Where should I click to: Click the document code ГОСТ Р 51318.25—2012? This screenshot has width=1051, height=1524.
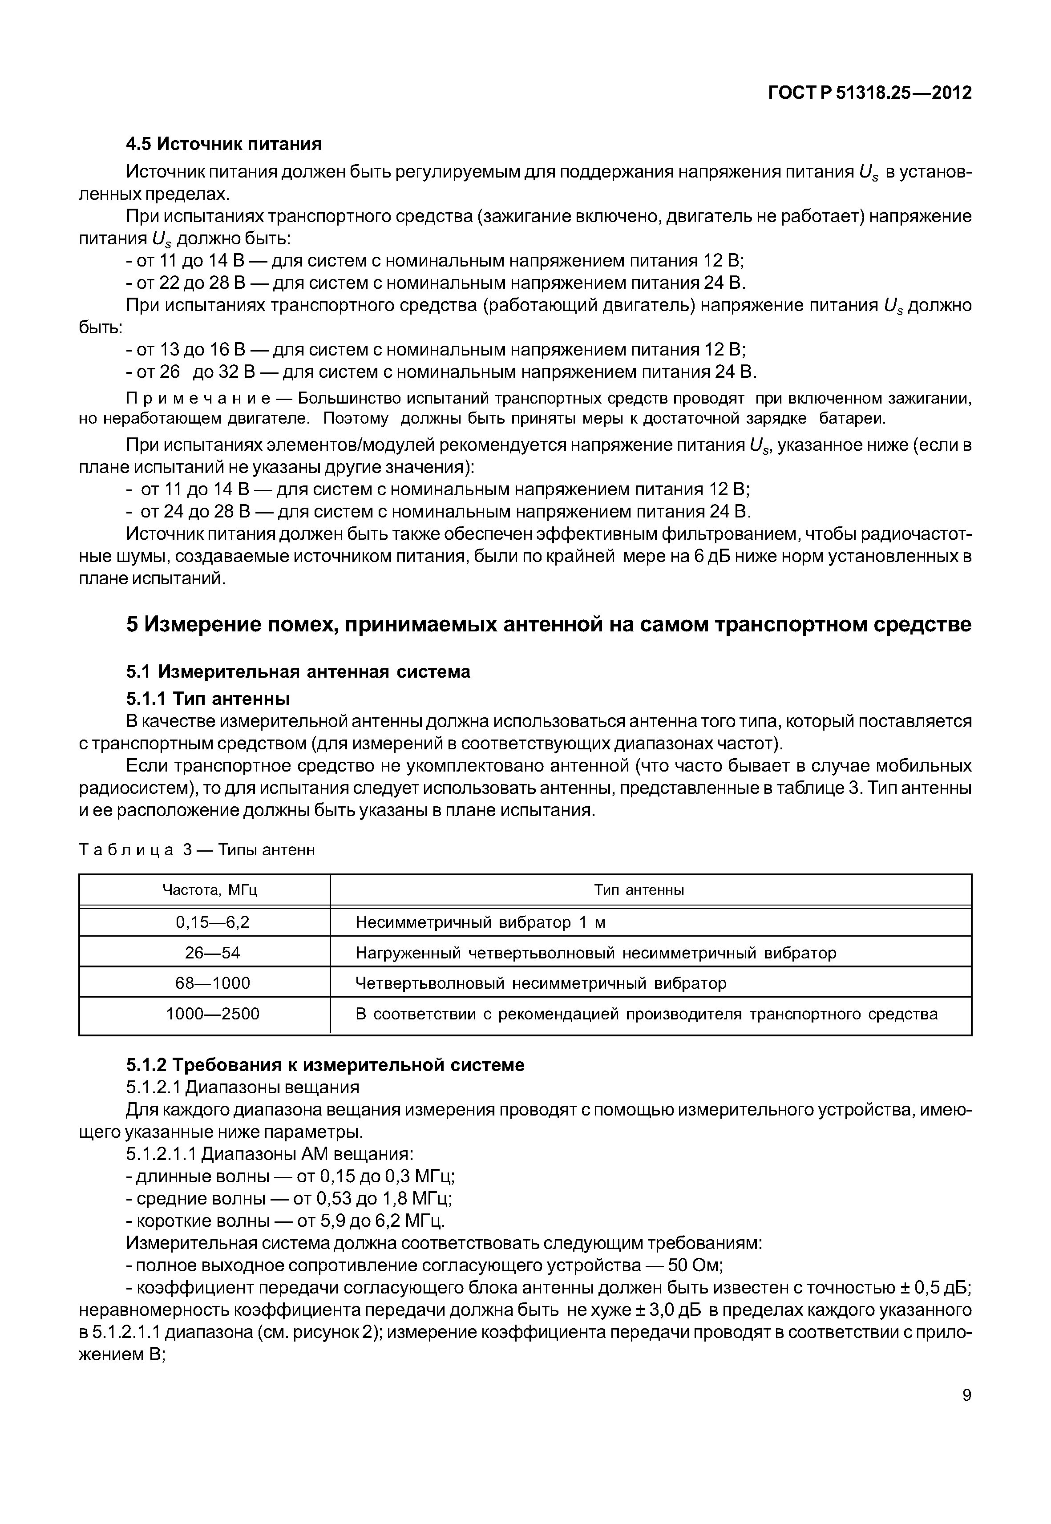[x=869, y=93]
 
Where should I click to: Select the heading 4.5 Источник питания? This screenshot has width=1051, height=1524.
[x=224, y=144]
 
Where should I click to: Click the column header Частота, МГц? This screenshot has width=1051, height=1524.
[x=210, y=890]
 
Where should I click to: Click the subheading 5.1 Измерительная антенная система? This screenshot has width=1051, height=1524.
[x=298, y=672]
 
